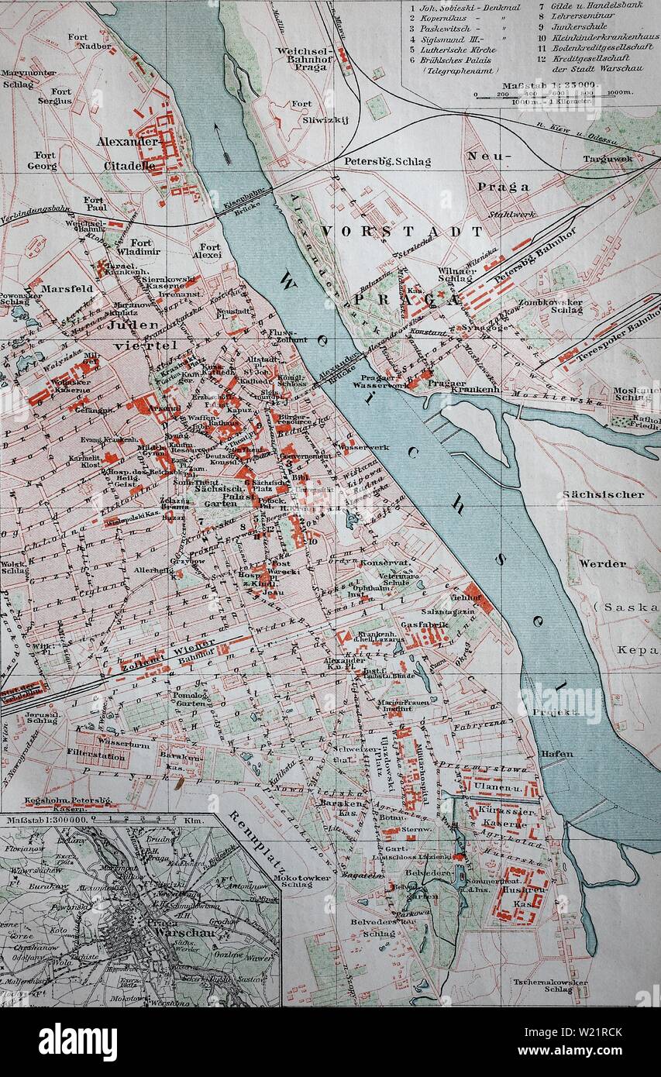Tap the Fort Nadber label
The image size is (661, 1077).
pos(78,41)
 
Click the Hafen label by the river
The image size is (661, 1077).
pos(557,753)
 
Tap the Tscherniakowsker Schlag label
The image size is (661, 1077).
pos(547,985)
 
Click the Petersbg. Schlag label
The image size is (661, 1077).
pos(387,162)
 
